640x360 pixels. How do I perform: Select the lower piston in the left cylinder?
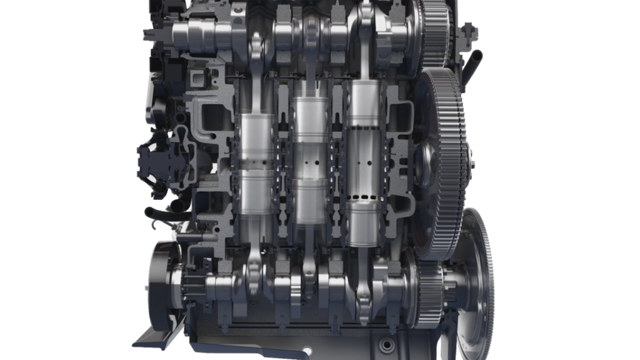click(x=255, y=194)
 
